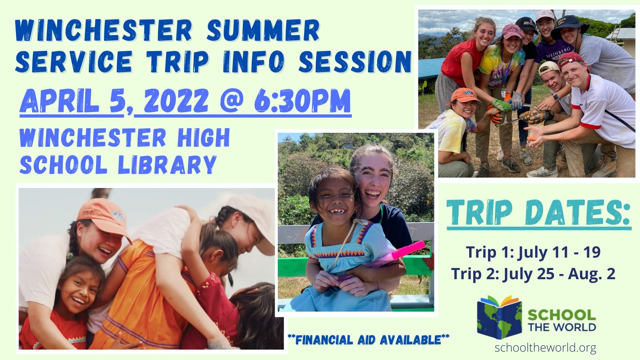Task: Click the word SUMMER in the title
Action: point(263,30)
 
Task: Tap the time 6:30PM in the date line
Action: point(302,100)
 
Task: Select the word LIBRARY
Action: point(167,165)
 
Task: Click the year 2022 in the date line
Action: point(176,100)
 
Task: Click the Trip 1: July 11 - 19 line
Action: point(533,252)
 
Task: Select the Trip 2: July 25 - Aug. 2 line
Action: point(533,274)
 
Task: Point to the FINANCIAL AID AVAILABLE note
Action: point(368,340)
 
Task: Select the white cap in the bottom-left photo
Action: point(252,220)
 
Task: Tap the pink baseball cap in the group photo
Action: point(512,31)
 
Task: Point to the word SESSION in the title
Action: point(355,62)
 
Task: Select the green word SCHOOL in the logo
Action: point(562,315)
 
